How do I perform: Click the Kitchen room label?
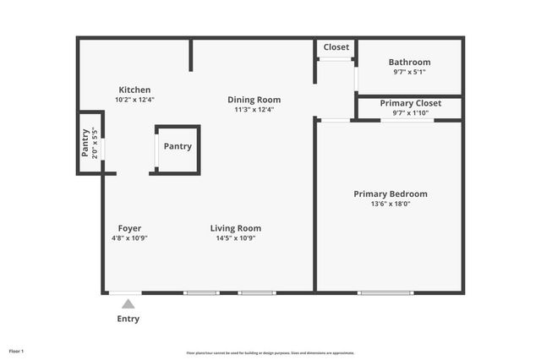pos(134,90)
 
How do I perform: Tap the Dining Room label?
pos(254,100)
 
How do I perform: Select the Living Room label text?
pos(235,228)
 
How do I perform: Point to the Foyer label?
pos(129,228)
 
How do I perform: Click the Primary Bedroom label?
pos(390,194)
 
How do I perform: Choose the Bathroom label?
pos(409,62)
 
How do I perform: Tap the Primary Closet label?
pos(409,103)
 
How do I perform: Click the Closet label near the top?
pos(336,47)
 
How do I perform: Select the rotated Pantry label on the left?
pos(85,143)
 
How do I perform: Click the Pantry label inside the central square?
pos(178,146)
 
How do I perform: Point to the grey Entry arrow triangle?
pos(128,303)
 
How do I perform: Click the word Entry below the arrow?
pos(128,319)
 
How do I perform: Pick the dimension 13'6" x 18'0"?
pos(390,204)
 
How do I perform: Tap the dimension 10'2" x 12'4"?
pos(134,100)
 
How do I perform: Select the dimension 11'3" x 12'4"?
pos(254,109)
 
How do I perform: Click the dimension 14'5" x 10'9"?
pos(235,238)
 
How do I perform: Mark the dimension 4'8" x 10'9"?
pos(129,238)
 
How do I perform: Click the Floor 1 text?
pos(16,351)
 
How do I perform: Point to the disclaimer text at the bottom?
pos(270,353)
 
